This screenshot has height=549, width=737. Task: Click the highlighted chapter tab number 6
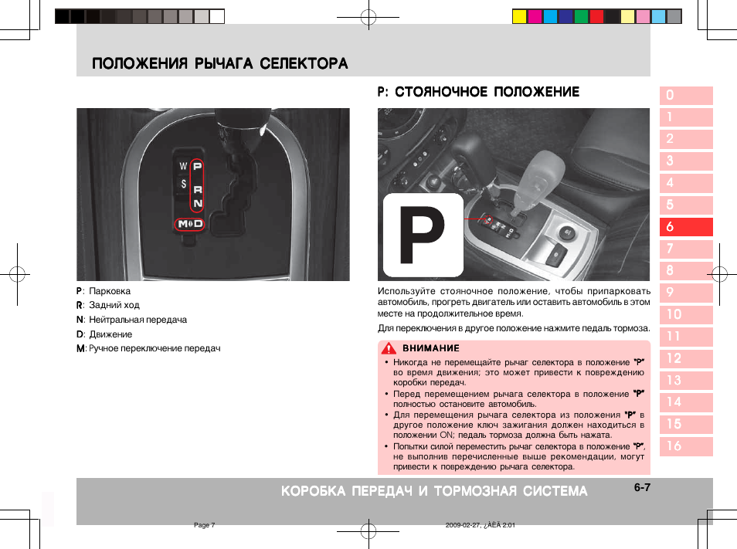(685, 227)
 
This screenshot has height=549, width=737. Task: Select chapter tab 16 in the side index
(685, 446)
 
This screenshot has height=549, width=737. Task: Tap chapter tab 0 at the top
(685, 96)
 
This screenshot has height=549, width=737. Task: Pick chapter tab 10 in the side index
(685, 315)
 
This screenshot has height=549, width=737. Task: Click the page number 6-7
(643, 488)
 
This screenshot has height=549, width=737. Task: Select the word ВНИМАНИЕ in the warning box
(430, 348)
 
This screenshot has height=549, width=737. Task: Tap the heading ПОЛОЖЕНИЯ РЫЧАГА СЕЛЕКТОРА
(219, 63)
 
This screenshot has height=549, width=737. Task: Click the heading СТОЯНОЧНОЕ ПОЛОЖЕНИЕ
(487, 92)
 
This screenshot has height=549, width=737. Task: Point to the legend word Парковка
(110, 291)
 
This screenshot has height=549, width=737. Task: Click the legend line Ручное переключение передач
(155, 348)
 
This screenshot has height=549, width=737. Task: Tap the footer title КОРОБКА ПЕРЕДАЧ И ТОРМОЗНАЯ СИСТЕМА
(434, 491)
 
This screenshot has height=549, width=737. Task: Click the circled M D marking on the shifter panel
(189, 224)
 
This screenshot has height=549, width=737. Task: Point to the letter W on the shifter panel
(183, 166)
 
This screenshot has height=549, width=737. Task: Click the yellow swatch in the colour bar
(519, 16)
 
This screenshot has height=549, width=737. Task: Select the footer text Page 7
(204, 525)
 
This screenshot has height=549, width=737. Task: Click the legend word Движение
(110, 334)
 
